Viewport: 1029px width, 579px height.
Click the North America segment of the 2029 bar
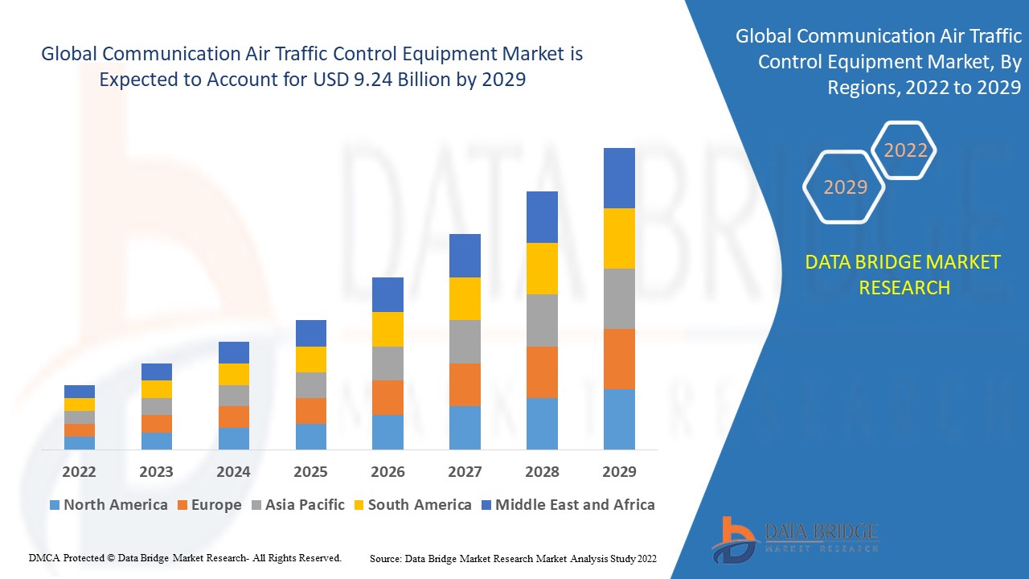click(619, 419)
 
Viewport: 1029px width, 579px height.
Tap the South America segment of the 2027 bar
click(465, 298)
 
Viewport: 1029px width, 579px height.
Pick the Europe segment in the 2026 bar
click(387, 397)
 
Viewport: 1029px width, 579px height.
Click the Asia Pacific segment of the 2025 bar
click(311, 384)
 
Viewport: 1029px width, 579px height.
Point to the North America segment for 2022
click(80, 442)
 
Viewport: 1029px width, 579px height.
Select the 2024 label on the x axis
click(233, 471)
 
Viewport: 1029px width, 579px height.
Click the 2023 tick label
click(156, 471)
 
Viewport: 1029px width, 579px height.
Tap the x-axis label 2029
click(619, 471)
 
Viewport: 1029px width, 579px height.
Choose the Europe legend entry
click(215, 505)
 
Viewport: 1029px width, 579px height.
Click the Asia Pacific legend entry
click(304, 505)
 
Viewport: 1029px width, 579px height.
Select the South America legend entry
click(419, 505)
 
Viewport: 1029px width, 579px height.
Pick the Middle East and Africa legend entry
click(574, 505)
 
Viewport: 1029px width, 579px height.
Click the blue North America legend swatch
click(55, 505)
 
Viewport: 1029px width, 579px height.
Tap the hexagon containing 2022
click(905, 150)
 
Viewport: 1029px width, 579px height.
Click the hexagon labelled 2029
click(845, 187)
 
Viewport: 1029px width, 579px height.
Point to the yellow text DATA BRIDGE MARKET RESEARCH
click(904, 274)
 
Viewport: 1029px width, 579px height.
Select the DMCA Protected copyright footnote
click(185, 557)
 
